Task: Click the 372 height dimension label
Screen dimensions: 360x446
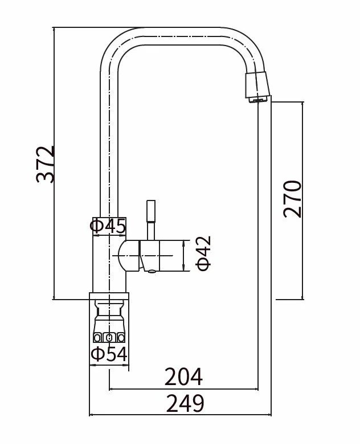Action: [x=45, y=165]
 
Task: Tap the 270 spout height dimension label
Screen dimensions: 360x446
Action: [x=292, y=199]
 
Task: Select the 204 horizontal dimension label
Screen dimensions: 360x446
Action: [x=183, y=377]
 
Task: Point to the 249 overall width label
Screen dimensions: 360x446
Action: [x=185, y=403]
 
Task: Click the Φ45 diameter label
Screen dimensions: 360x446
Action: [x=108, y=226]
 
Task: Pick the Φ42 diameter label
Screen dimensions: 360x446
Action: [x=204, y=253]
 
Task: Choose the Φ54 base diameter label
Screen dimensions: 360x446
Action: [x=109, y=354]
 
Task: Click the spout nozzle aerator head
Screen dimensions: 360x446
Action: [x=257, y=87]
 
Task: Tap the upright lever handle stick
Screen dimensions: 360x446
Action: [x=151, y=220]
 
